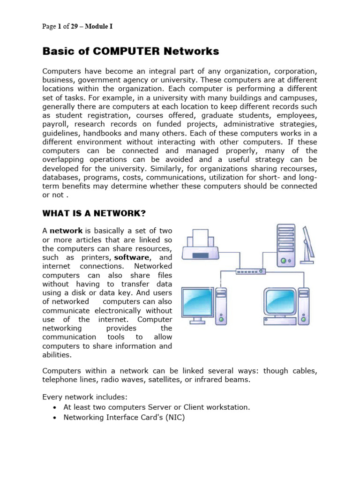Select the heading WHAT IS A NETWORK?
coord(94,214)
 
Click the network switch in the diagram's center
coord(250,271)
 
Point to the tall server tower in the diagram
coord(286,245)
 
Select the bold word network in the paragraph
coord(66,231)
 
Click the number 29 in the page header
coord(75,26)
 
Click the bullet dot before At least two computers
coord(56,408)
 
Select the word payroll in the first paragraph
coord(55,124)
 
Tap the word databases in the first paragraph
coord(61,178)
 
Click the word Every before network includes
coord(52,397)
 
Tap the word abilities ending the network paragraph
coord(57,355)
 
